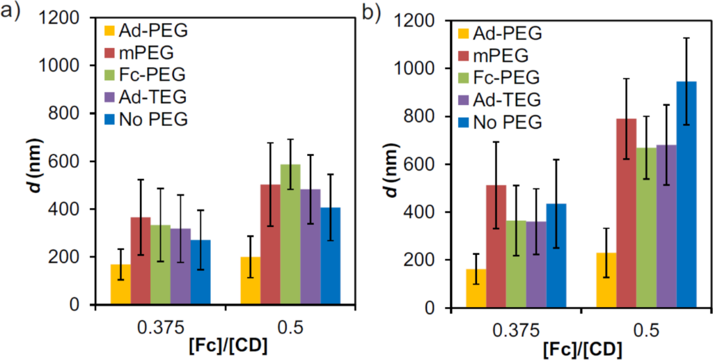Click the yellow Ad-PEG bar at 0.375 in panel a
[121, 285]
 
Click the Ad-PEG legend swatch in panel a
[109, 31]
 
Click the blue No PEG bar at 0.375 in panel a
[201, 272]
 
